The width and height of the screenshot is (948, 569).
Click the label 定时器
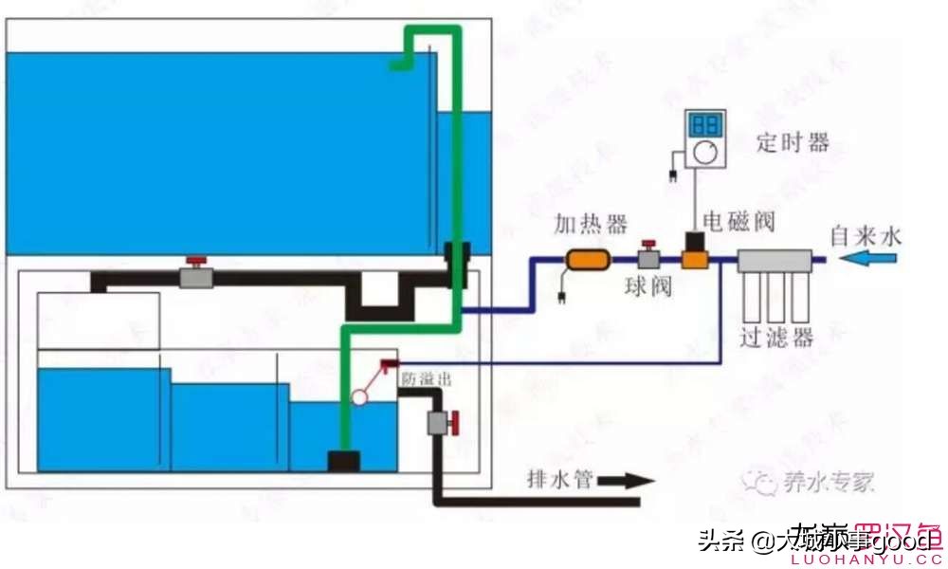coord(793,143)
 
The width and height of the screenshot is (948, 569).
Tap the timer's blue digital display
coord(704,125)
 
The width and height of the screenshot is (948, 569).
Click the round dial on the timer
coord(704,153)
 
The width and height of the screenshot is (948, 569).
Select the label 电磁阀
coord(739,222)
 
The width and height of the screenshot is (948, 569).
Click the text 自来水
coord(866,233)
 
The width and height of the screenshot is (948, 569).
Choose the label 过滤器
coord(777,339)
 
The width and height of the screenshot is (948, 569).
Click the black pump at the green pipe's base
coord(343,461)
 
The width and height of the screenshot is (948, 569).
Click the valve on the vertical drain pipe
coord(441,422)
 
